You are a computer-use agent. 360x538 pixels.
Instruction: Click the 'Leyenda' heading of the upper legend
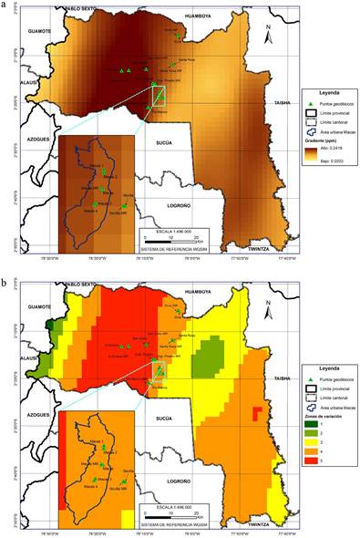click(329, 93)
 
